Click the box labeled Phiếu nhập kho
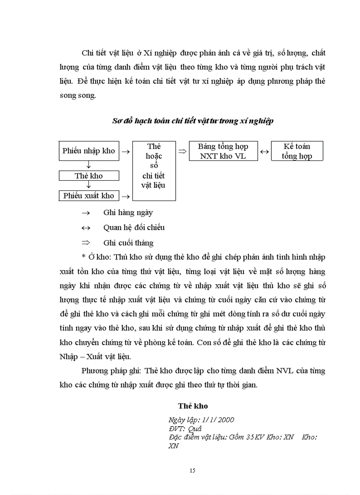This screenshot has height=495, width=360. [x=88, y=151]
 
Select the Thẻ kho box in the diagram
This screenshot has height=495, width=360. [x=88, y=176]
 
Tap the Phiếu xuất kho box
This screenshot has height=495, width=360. [x=88, y=196]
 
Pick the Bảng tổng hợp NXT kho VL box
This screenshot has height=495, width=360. [x=223, y=151]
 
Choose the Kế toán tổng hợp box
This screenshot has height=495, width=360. [x=297, y=151]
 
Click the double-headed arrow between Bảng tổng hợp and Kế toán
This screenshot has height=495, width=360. [x=265, y=152]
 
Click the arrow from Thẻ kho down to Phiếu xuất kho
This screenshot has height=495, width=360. [x=89, y=186]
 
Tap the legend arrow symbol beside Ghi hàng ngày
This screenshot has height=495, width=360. [x=86, y=213]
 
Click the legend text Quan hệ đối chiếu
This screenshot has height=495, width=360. [x=134, y=227]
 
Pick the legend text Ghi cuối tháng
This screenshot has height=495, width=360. [x=128, y=242]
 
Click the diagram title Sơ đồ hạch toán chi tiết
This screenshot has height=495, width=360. [x=192, y=121]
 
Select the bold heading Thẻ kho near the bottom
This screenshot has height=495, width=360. [x=193, y=406]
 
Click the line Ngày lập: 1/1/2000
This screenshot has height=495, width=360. [x=201, y=420]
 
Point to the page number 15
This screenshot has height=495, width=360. [x=192, y=470]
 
